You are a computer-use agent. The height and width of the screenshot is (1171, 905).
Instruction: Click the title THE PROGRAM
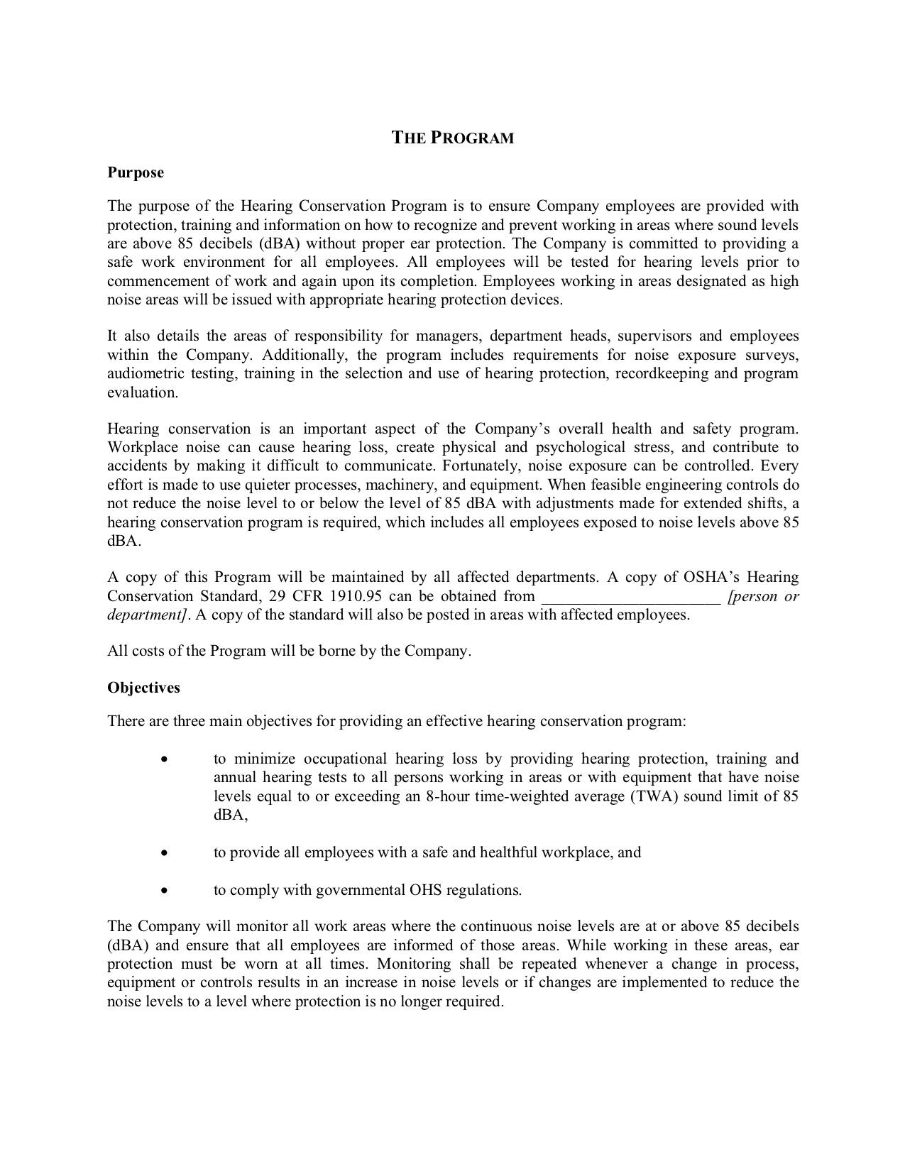click(x=453, y=138)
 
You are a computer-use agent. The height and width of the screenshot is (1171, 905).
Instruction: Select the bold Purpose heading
click(x=136, y=172)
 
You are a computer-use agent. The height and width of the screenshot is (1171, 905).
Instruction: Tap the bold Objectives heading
click(x=143, y=688)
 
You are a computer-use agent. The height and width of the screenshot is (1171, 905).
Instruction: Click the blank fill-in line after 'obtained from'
click(x=631, y=598)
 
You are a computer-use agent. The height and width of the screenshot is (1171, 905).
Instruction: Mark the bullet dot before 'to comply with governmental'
click(x=165, y=891)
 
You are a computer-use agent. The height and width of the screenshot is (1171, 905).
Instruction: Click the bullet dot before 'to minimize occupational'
click(x=165, y=759)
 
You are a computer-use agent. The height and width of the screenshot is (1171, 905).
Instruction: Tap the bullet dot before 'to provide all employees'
click(x=165, y=853)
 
